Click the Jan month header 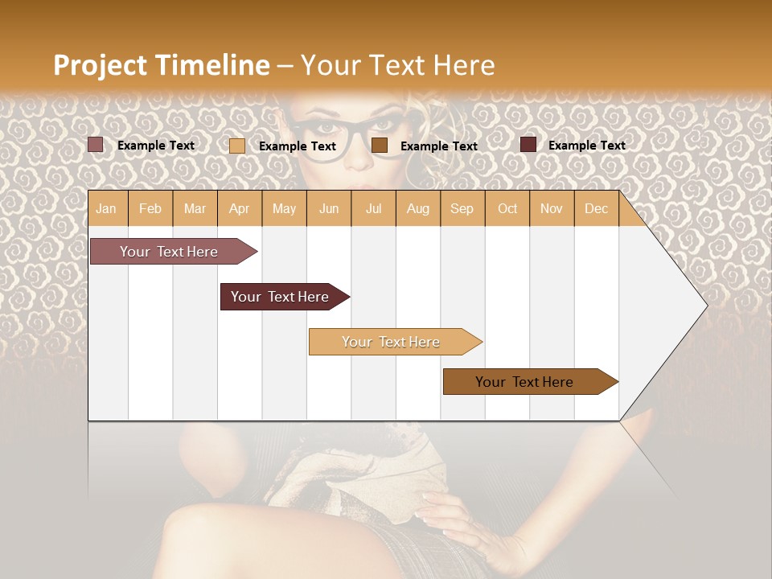[106, 208]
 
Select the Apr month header [239, 208]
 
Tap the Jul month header [373, 208]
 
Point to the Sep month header [462, 208]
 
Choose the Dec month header [596, 208]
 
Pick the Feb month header [150, 208]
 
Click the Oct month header [507, 208]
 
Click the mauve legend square [96, 145]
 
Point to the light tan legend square [237, 146]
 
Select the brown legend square [380, 145]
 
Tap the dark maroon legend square [528, 145]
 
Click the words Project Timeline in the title [161, 65]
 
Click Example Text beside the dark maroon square [586, 146]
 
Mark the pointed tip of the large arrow [705, 306]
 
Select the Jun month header [329, 208]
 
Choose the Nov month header [552, 208]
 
